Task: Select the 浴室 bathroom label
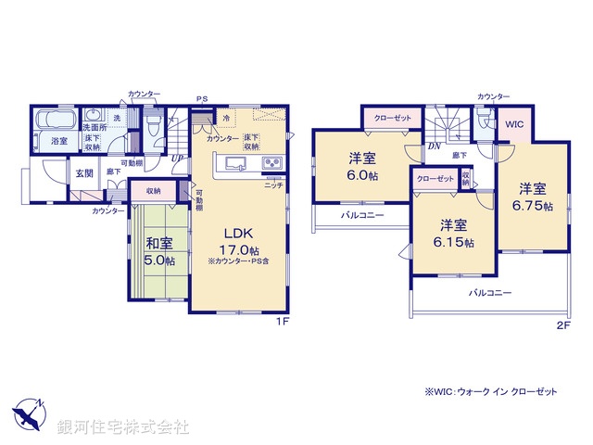click(59, 140)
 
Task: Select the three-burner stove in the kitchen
click(272, 165)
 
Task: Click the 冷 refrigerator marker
click(225, 119)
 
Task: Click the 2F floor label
click(562, 324)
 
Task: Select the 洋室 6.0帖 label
click(362, 167)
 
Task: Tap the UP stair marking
click(177, 158)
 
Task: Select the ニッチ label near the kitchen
click(273, 185)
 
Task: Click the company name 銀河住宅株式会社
click(123, 426)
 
